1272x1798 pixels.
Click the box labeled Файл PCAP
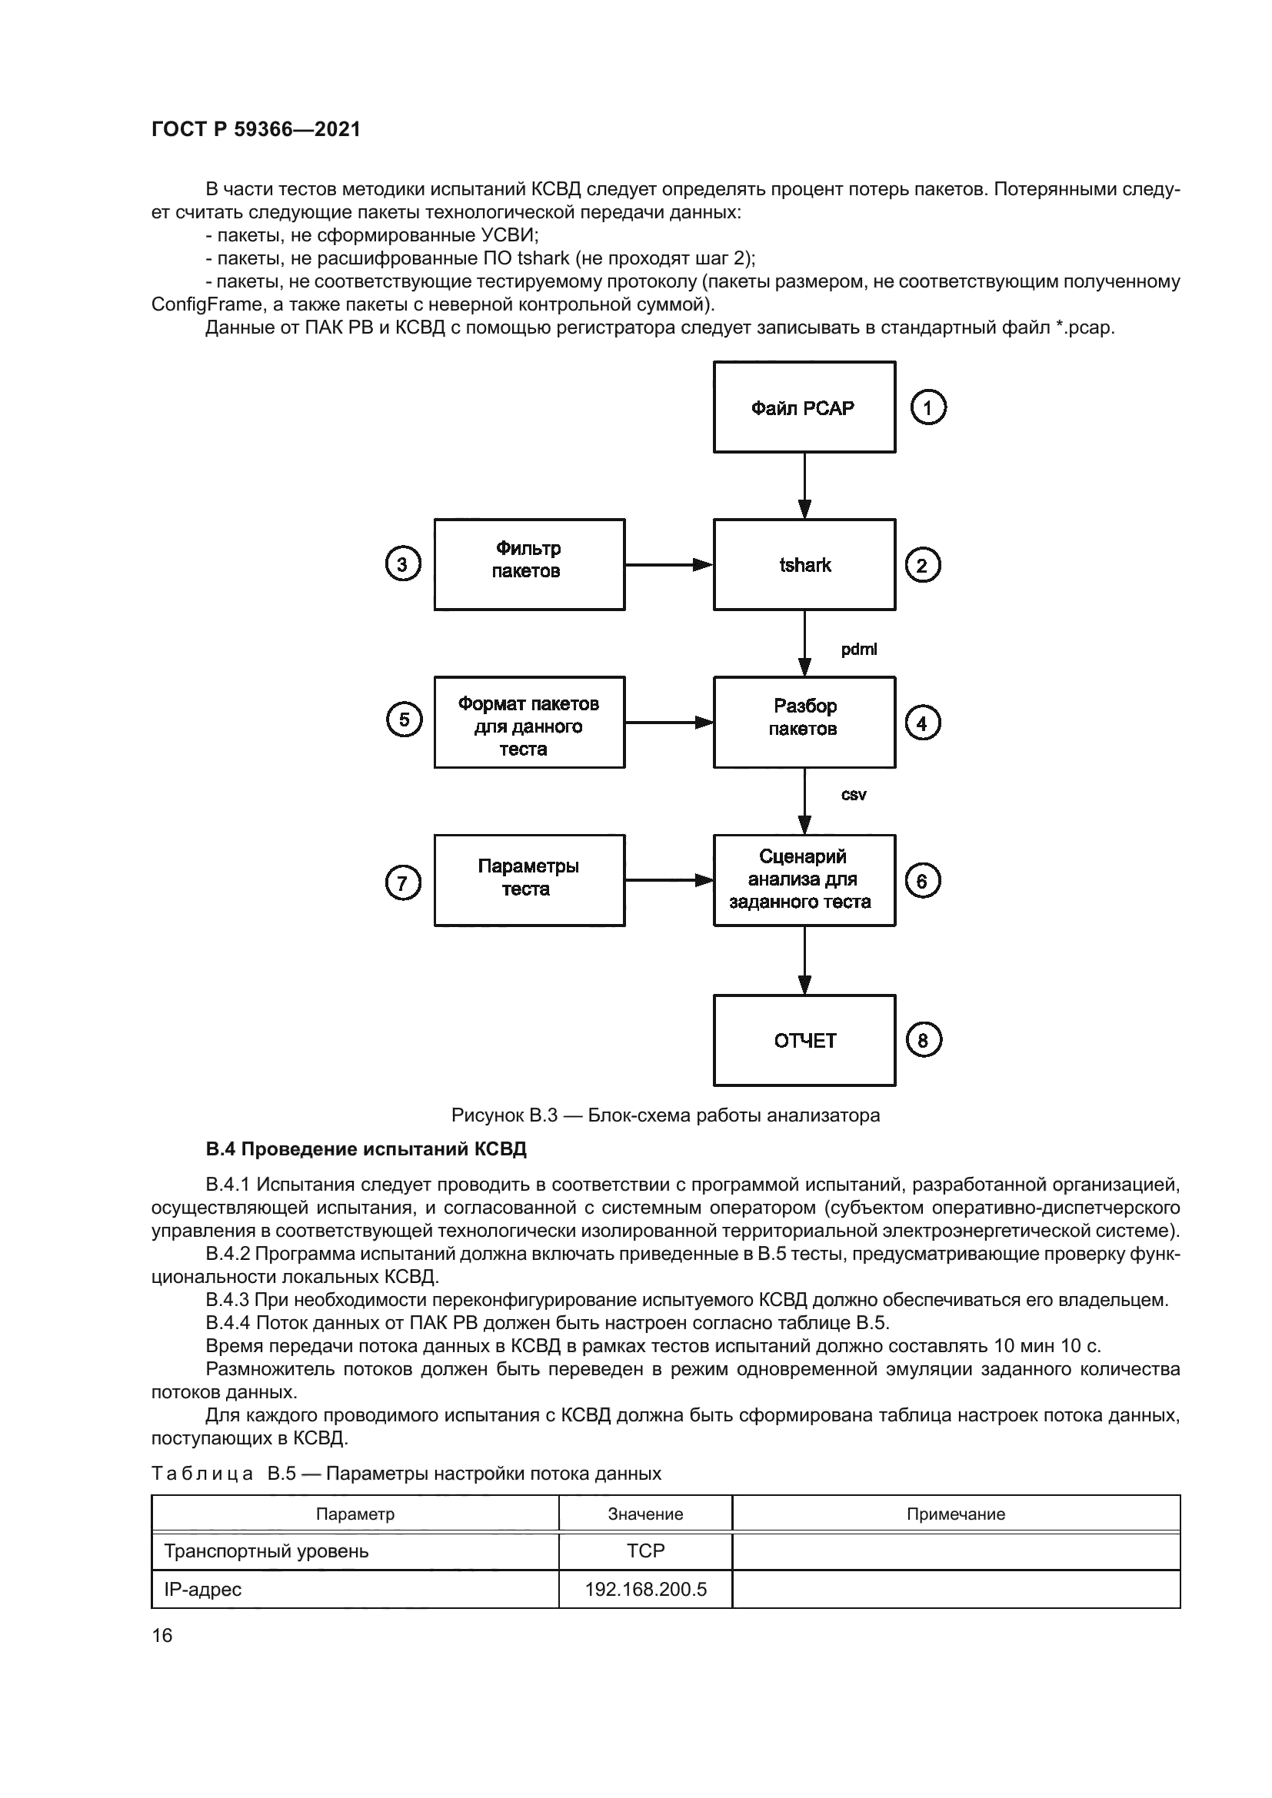[804, 407]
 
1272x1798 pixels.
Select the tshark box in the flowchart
[804, 565]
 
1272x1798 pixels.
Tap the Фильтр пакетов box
[528, 565]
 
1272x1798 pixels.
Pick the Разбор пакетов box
[804, 722]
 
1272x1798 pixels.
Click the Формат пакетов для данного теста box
[528, 722]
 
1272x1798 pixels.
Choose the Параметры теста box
[528, 880]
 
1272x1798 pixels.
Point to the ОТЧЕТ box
[804, 1040]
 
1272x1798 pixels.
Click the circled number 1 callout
[928, 407]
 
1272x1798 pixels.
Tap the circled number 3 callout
[402, 565]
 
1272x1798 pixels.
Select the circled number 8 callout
[923, 1040]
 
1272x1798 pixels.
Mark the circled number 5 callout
[405, 720]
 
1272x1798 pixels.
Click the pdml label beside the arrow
[858, 650]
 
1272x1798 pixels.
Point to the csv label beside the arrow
[854, 795]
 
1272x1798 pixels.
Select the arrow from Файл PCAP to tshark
[804, 485]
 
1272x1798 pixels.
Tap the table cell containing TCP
[645, 1550]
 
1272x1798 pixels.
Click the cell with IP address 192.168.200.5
[645, 1589]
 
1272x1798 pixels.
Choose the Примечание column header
[956, 1514]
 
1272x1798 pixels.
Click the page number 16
[162, 1635]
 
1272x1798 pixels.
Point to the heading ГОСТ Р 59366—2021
[256, 129]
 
